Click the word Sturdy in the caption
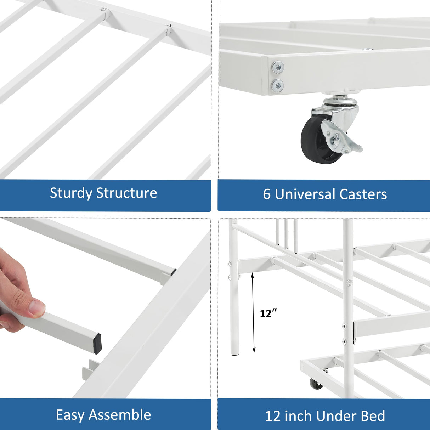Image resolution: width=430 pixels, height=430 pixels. click(71, 193)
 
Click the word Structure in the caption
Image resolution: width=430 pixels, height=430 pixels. click(126, 193)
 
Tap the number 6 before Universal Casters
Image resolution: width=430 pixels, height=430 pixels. click(266, 194)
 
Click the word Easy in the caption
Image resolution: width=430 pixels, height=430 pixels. click(70, 415)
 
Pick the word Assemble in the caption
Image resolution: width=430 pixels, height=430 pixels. click(120, 415)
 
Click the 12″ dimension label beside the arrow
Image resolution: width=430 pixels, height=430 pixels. click(268, 313)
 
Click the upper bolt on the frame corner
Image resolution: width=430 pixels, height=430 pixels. click(278, 67)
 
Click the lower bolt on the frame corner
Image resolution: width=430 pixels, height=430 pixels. click(278, 85)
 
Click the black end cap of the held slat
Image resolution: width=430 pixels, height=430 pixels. click(96, 343)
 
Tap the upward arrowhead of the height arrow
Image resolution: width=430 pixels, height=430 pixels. click(253, 275)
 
